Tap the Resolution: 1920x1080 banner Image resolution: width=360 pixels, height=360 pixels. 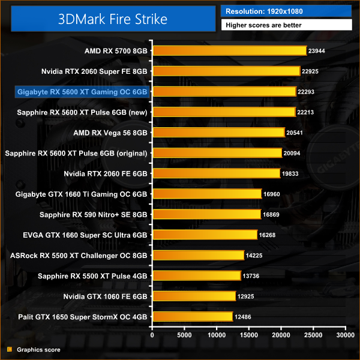286,11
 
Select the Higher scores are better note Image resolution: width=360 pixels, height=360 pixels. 286,25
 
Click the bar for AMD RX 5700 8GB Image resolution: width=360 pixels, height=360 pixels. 229,50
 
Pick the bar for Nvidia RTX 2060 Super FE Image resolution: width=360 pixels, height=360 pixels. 226,71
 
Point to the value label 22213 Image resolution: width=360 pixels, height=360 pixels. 306,112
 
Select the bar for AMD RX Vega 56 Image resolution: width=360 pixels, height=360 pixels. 218,132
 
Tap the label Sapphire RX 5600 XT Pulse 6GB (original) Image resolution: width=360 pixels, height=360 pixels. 76,153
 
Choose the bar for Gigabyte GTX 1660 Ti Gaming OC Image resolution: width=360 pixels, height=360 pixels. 207,194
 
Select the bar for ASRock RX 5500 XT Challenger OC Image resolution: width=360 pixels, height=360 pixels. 198,255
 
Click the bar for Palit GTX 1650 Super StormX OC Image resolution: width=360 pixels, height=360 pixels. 193,317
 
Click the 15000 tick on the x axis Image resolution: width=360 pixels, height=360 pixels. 248,335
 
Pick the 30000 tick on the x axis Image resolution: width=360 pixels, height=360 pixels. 344,335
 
